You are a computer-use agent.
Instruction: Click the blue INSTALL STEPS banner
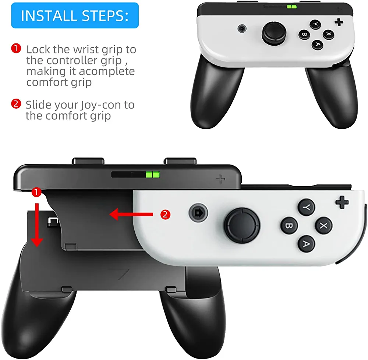pos(75,15)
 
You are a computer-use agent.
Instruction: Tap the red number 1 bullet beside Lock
pos(16,48)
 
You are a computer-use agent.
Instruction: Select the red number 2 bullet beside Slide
pos(16,104)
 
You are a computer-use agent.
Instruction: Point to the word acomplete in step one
pos(107,71)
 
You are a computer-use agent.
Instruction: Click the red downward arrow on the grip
pos(37,225)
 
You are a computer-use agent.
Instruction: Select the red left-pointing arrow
pos(131,214)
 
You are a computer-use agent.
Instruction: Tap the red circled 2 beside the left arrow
pos(165,215)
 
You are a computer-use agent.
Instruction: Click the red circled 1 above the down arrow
pos(36,193)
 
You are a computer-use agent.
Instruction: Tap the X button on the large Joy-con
pos(323,226)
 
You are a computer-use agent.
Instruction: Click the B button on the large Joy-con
pos(289,226)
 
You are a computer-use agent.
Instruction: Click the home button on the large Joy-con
pos(199,213)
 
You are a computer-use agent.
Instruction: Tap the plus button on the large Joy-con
pos(342,202)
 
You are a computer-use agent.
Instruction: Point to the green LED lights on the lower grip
pos(153,174)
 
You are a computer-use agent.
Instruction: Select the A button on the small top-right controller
pos(317,44)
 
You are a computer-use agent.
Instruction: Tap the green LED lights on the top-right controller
pos(292,7)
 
